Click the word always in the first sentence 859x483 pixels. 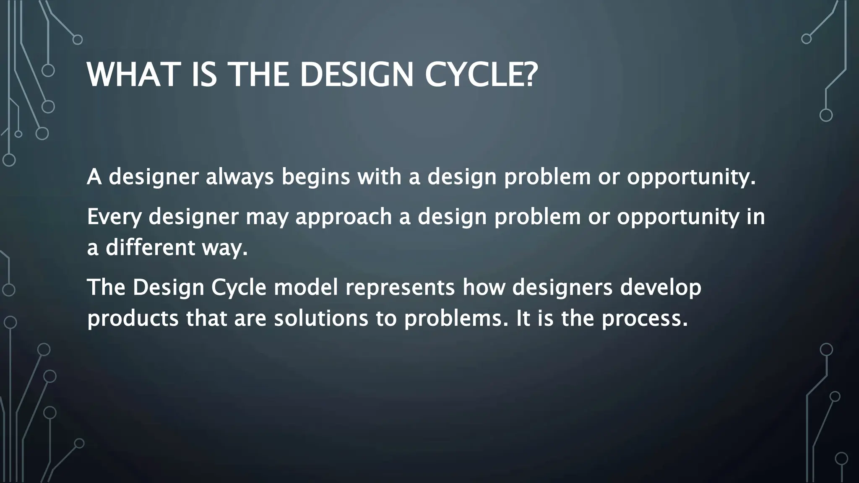[x=239, y=177]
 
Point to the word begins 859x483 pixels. [x=315, y=177]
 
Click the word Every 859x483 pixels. [x=114, y=217]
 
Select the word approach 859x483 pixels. [x=344, y=217]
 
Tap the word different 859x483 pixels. [x=150, y=247]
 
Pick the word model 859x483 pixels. [x=306, y=288]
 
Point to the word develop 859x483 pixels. [x=660, y=288]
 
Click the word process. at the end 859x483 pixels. [x=645, y=319]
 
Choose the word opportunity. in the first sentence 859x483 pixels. [x=691, y=177]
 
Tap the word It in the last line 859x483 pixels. [x=523, y=319]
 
